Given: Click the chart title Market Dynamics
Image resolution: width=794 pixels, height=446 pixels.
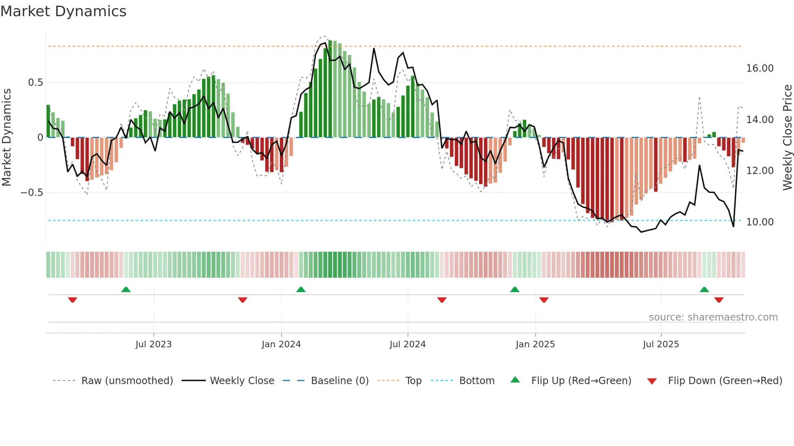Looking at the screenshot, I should click(63, 11).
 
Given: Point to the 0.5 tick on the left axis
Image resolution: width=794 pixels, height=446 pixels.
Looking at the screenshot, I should click(35, 83).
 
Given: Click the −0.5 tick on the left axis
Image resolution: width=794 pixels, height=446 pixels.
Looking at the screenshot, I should click(32, 193).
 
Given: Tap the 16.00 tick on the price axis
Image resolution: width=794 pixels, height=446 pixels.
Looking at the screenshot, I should click(760, 68).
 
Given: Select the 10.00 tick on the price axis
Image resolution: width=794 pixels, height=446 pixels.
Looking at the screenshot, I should click(760, 222).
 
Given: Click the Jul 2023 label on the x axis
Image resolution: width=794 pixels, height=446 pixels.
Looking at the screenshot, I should click(154, 344).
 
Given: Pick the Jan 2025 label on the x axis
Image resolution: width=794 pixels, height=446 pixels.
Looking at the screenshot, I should click(535, 344).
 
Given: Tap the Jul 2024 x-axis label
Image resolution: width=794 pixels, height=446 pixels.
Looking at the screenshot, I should click(408, 344).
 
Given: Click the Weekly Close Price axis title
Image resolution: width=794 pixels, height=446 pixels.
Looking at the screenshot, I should click(787, 137).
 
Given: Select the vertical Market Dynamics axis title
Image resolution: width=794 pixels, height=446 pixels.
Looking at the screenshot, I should click(7, 137).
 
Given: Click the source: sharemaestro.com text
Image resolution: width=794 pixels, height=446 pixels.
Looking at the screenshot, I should click(713, 317).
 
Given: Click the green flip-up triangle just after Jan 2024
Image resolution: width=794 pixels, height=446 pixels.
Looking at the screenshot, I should click(301, 290).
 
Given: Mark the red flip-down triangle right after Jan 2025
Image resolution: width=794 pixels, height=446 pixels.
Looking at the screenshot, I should click(544, 300).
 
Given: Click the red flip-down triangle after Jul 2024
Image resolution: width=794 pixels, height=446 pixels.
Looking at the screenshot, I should click(442, 300).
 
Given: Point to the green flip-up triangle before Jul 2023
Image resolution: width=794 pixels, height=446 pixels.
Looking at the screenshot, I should click(126, 290).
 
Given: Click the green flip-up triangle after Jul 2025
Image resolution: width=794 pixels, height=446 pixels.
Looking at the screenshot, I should click(704, 290).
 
